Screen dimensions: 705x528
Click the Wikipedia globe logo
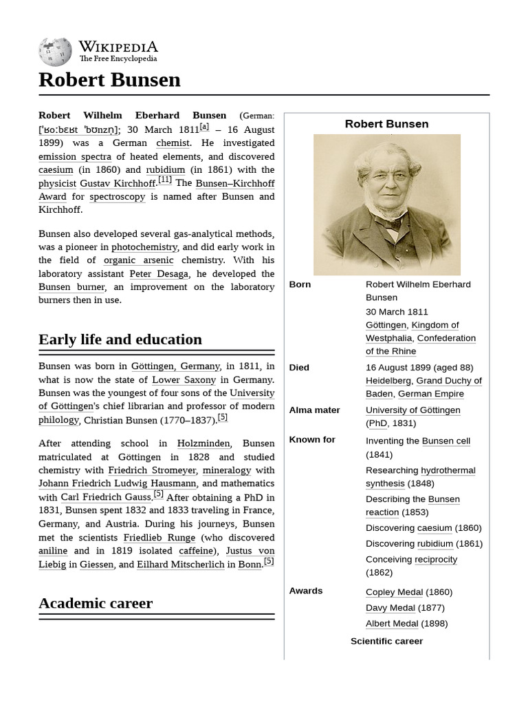tap(55, 52)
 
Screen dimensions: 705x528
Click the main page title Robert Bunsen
tap(109, 80)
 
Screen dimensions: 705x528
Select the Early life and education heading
tap(120, 339)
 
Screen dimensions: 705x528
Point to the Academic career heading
tap(96, 603)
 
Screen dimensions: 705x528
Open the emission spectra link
tap(75, 156)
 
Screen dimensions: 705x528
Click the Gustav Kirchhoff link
tap(118, 183)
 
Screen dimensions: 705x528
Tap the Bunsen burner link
tap(71, 286)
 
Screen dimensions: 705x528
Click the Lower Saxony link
tap(184, 379)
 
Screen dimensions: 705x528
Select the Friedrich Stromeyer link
tap(152, 470)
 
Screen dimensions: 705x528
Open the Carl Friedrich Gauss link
tap(106, 497)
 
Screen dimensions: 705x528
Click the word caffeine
tap(195, 551)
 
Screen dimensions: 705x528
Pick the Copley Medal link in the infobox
tap(394, 592)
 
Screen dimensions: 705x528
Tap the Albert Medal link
tap(392, 624)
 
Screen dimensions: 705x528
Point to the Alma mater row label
tap(314, 410)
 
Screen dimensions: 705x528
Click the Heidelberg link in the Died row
tap(388, 381)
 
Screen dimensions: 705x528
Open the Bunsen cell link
tap(445, 441)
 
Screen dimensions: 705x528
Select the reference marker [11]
tap(165, 180)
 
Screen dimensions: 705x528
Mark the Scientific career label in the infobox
tap(386, 641)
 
